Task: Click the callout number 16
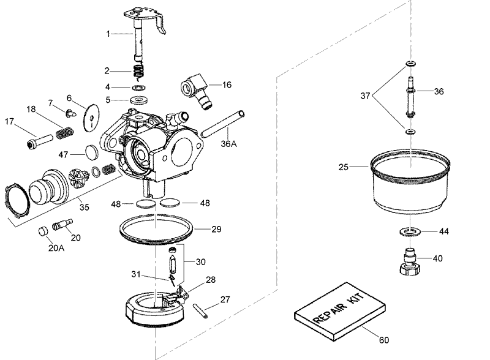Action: pos(227,85)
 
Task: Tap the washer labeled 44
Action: pos(409,231)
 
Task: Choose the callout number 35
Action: pos(84,207)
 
